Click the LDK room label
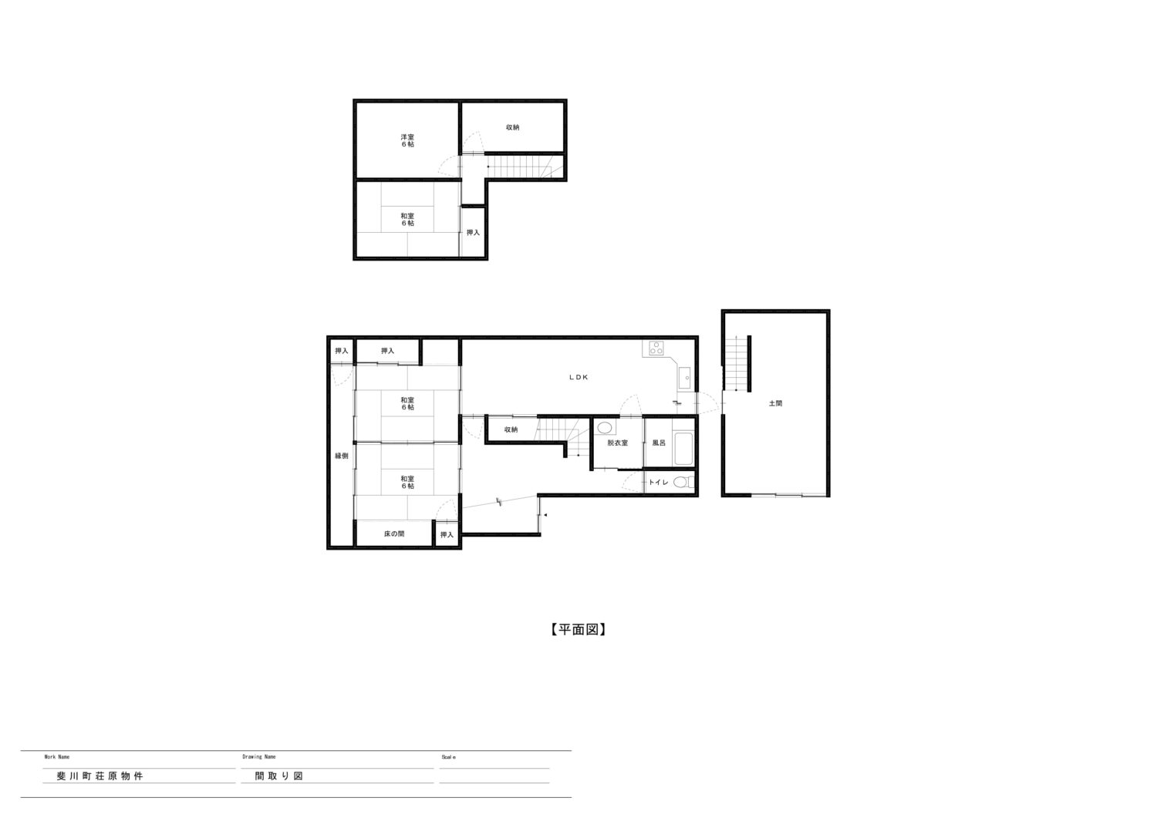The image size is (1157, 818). click(578, 377)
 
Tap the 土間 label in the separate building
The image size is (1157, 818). click(775, 403)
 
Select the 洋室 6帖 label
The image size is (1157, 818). click(407, 140)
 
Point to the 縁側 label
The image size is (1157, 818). click(342, 456)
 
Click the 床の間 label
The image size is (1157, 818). click(394, 534)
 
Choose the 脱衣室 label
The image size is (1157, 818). click(618, 443)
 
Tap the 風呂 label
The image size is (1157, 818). click(659, 443)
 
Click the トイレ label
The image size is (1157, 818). click(659, 483)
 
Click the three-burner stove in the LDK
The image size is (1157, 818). click(656, 348)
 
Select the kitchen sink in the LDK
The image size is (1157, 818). click(684, 378)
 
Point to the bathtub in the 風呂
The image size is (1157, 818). click(683, 449)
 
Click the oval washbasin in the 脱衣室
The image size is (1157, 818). click(605, 428)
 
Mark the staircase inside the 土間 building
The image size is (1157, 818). click(736, 363)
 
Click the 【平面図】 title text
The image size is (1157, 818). click(578, 630)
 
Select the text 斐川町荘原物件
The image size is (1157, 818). click(100, 776)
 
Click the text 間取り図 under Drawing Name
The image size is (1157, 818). click(279, 776)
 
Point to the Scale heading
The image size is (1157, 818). click(448, 757)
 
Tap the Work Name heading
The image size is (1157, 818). click(57, 757)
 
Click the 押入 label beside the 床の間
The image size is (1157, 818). click(447, 534)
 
